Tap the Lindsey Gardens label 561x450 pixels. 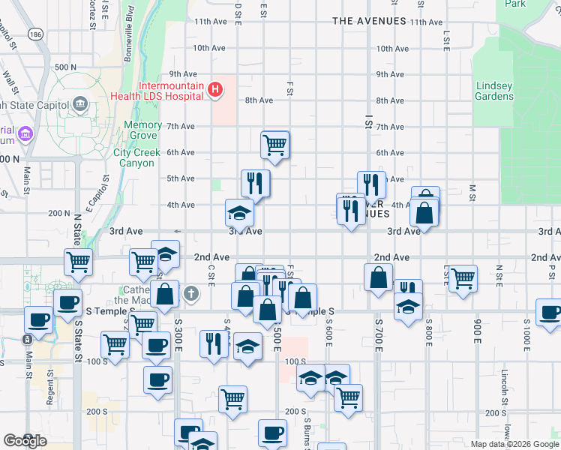(494, 91)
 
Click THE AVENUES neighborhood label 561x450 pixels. (369, 22)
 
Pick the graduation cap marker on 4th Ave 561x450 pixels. (240, 212)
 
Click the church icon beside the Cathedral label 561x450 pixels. (191, 292)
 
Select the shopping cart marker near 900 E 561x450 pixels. (463, 278)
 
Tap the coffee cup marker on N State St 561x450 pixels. (67, 303)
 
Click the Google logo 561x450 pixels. (25, 440)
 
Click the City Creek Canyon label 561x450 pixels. (137, 157)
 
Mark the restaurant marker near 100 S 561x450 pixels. (214, 343)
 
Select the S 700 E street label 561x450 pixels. (378, 330)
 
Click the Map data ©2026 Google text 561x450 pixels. (514, 444)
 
